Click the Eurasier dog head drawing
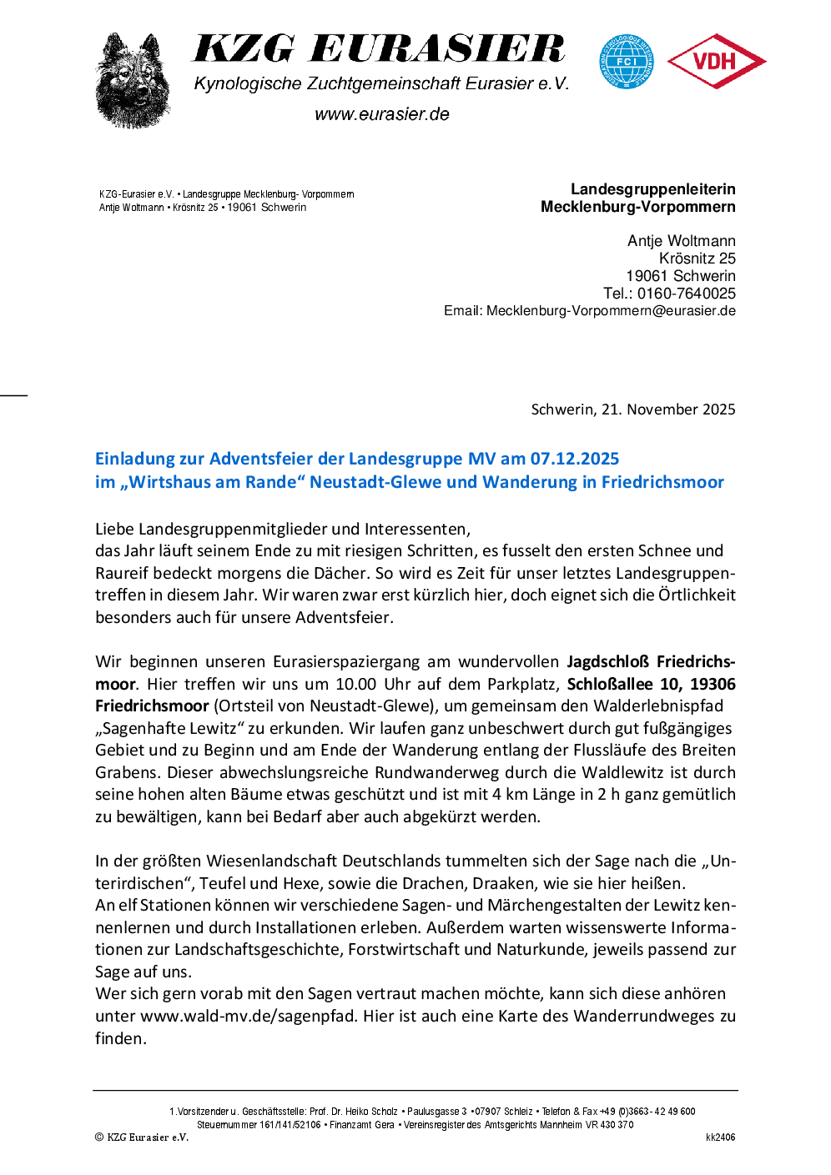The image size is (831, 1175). pos(133,81)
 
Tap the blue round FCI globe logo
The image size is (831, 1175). pos(627,62)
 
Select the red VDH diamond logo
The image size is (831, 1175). pos(716,61)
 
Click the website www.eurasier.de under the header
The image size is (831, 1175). pos(382,114)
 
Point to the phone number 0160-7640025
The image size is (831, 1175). pos(687,294)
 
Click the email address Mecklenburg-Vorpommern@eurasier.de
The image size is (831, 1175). pos(611,311)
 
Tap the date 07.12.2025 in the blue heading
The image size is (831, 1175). pos(575,459)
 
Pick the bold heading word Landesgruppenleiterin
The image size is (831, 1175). pos(653,189)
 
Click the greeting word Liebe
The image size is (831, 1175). pos(114,529)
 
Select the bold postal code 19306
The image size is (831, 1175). pos(713,684)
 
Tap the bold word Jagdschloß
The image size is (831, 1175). pos(607,662)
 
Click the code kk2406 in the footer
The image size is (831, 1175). pos(720,1137)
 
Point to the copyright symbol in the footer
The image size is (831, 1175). pos(99,1137)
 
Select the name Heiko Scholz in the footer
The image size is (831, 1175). pos(372,1112)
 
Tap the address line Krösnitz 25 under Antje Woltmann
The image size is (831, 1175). pos(697,259)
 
